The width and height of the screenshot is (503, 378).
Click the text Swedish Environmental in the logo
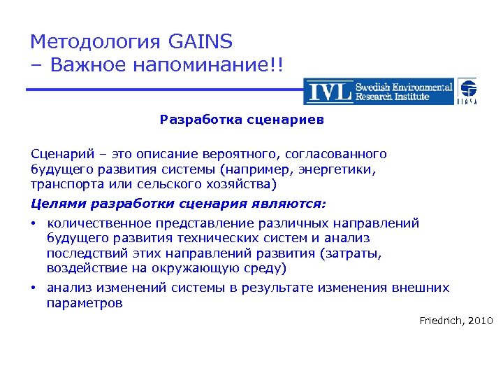pos(404,87)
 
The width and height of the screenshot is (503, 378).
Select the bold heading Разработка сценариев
pos(242,119)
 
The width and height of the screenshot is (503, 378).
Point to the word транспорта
pos(64,185)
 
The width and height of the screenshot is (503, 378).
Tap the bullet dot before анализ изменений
pos(34,288)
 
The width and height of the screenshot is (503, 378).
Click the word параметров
pos(84,303)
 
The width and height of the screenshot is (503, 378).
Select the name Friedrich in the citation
pos(442,321)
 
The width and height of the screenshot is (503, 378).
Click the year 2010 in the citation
pos(481,321)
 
